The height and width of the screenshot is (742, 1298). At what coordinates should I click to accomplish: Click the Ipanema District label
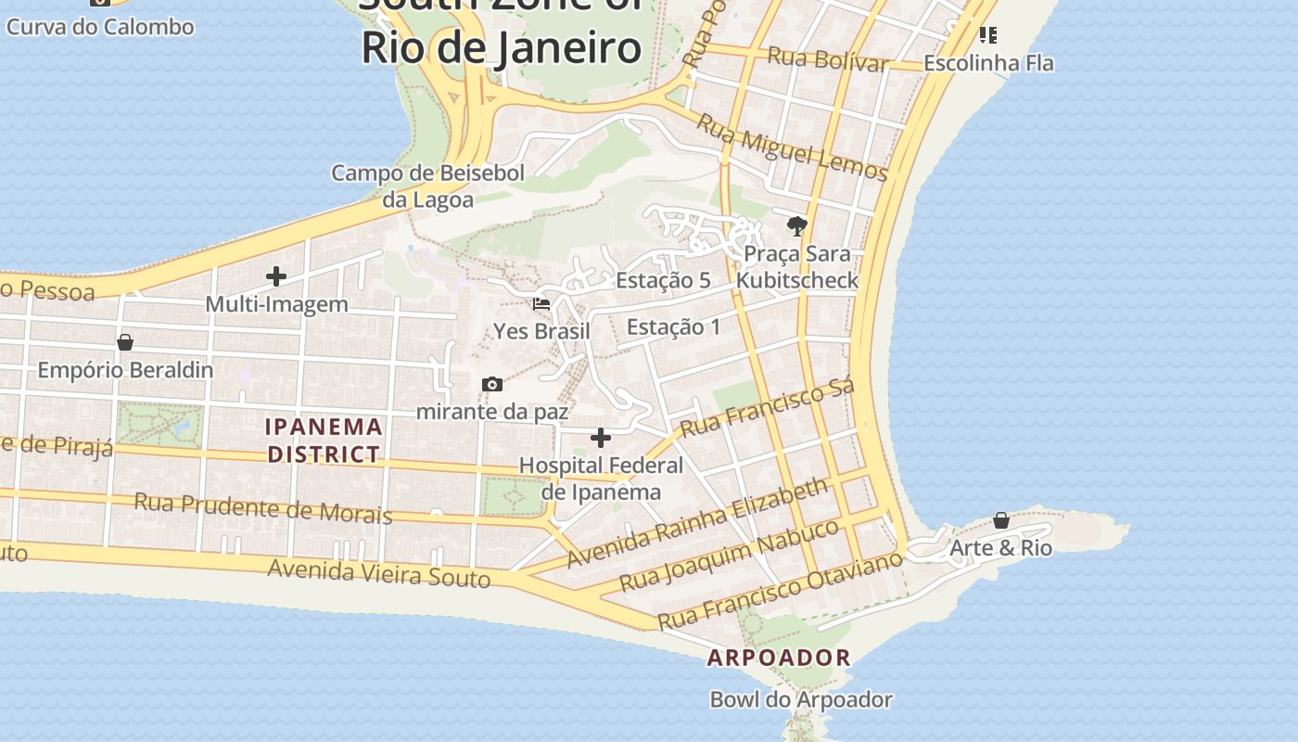(x=323, y=441)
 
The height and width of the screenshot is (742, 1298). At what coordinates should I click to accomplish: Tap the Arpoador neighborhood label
(x=779, y=658)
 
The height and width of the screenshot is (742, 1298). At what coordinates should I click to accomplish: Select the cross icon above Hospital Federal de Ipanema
(x=601, y=438)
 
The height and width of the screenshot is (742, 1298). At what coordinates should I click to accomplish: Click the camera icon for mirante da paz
(x=492, y=385)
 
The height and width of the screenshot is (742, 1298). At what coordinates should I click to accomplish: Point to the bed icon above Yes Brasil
(x=541, y=303)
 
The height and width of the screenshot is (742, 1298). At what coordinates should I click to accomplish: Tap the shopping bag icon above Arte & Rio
(x=1001, y=520)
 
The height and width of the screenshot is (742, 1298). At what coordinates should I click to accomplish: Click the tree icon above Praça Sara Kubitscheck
(x=796, y=225)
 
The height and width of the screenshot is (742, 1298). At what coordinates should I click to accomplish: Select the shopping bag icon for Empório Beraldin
(x=125, y=342)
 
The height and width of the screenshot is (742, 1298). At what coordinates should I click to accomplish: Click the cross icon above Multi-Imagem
(x=275, y=276)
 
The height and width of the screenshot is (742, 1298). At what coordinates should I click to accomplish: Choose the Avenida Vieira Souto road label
(x=378, y=573)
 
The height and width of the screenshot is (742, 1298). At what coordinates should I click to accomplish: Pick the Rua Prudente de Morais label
(x=263, y=508)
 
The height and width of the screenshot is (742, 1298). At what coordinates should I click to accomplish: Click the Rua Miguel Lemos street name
(x=792, y=148)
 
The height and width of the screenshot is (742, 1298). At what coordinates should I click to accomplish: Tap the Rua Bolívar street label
(x=828, y=59)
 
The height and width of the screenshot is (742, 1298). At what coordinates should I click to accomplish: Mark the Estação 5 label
(x=663, y=280)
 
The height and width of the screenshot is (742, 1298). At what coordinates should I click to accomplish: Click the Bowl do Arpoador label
(x=801, y=699)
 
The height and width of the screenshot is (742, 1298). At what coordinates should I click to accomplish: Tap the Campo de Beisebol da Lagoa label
(x=428, y=185)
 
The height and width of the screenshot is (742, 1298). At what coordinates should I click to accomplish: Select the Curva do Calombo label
(x=100, y=26)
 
